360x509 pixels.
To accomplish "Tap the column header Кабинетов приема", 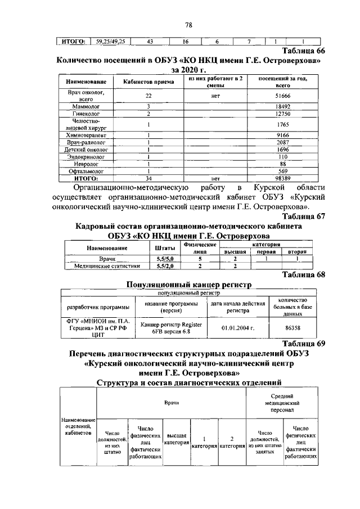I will (147, 82).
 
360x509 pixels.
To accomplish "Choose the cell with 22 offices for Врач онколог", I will (147, 97).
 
